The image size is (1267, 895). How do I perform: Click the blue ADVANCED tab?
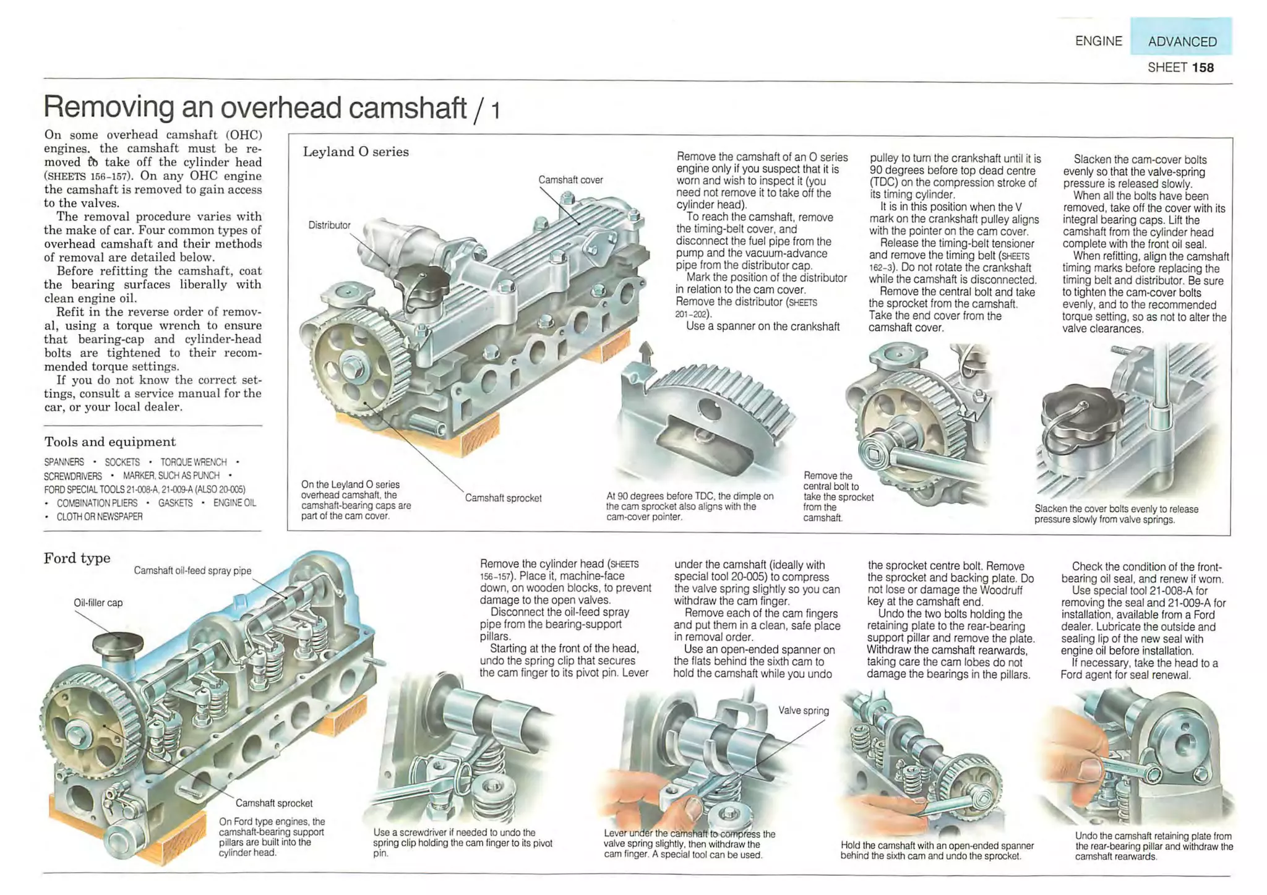(x=1181, y=41)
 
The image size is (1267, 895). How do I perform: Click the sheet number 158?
(x=1203, y=67)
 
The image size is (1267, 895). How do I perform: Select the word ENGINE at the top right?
(x=1098, y=41)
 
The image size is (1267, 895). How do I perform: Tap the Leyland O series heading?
(x=356, y=152)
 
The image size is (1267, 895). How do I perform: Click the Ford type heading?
(x=77, y=558)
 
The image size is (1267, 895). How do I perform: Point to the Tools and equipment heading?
(x=110, y=442)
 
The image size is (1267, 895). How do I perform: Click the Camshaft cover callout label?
(x=570, y=180)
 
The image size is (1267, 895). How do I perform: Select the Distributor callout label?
(x=329, y=225)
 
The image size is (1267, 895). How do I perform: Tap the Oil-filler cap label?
(x=98, y=602)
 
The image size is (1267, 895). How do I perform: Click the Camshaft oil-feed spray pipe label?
(x=192, y=570)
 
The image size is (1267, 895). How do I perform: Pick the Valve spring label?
(x=803, y=711)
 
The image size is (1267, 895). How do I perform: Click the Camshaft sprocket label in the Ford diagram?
(x=273, y=803)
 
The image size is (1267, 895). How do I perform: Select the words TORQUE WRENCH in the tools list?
(x=194, y=462)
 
